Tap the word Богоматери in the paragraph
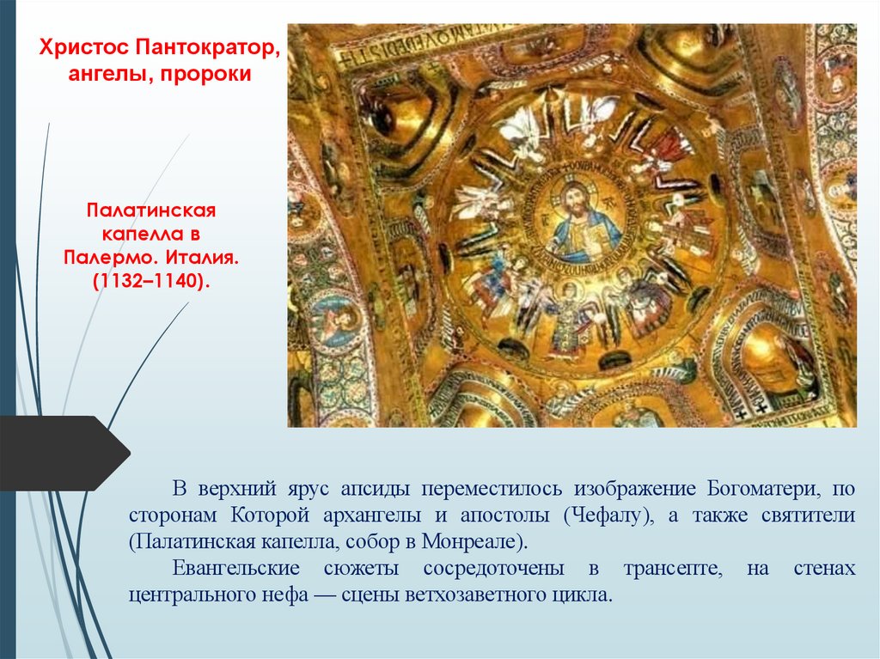[x=760, y=489]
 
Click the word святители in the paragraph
[x=809, y=516]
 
